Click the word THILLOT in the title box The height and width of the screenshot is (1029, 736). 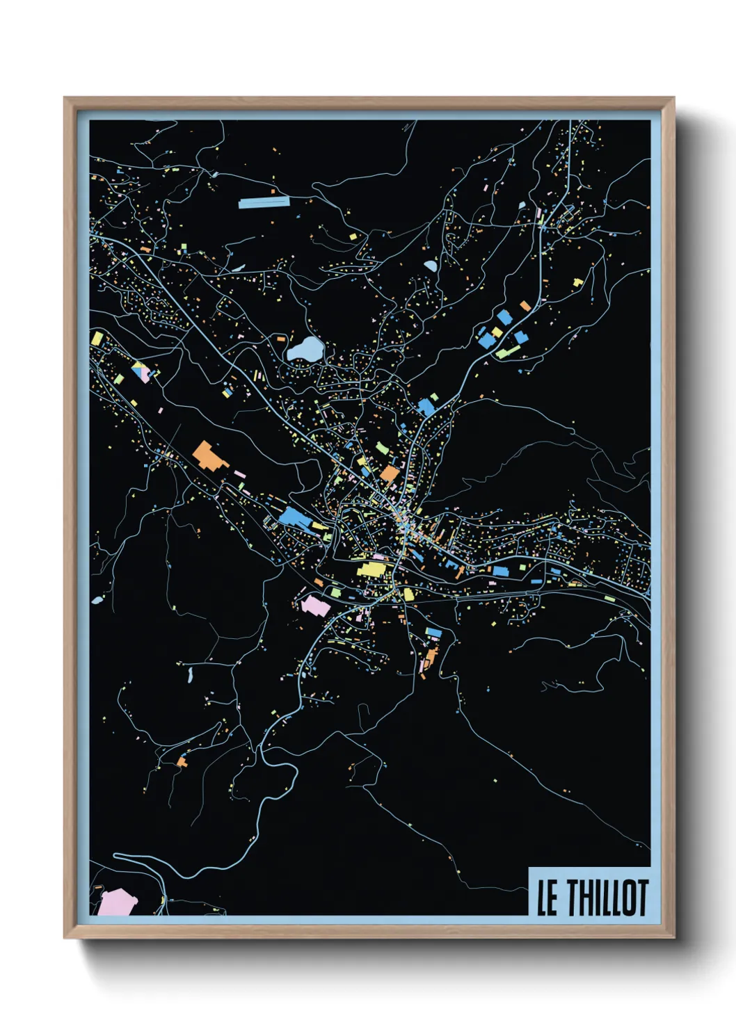(607, 898)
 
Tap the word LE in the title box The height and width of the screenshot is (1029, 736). (547, 898)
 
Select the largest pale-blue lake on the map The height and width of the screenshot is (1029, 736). (305, 349)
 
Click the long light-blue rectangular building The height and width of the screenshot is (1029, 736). (263, 203)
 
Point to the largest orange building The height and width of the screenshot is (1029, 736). (207, 455)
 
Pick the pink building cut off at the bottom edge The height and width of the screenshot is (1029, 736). (117, 902)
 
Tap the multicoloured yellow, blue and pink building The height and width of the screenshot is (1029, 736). (142, 371)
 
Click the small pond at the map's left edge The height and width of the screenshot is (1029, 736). (97, 599)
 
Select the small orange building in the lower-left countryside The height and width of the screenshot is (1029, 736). (182, 762)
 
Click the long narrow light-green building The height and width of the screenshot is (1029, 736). (509, 351)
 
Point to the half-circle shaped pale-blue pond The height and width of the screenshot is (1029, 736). (430, 266)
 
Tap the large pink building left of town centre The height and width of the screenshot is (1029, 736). (315, 605)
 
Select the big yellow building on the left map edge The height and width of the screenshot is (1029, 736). (97, 339)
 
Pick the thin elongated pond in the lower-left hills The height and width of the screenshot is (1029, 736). (189, 674)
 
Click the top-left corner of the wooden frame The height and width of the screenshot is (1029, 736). (65, 98)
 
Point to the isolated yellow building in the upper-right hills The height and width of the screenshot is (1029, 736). (577, 282)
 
